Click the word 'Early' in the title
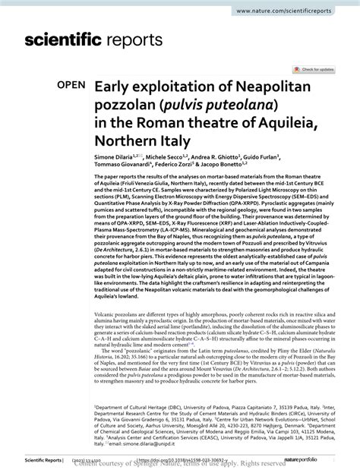click(114, 88)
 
